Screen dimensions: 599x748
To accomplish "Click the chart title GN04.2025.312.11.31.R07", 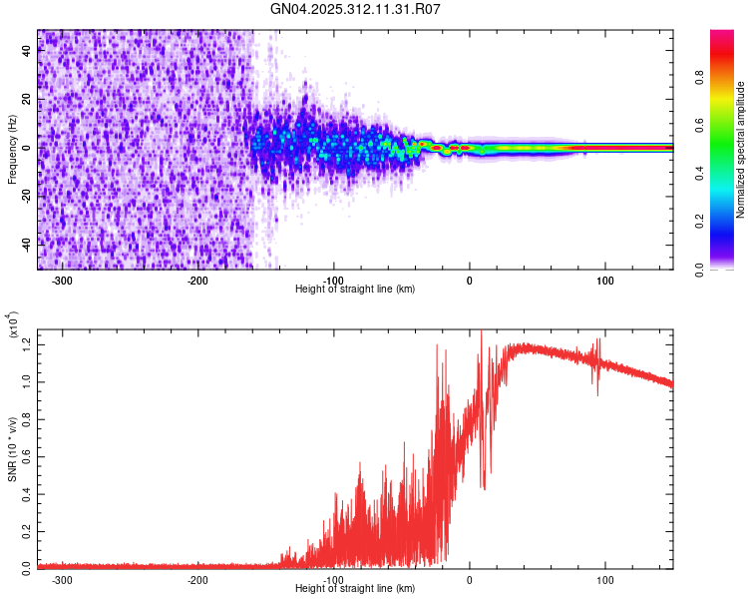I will click(356, 9).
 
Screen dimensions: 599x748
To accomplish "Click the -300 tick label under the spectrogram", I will click(62, 281).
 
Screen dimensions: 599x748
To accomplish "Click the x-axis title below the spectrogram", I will click(355, 290).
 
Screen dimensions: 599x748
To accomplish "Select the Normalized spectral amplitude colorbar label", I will click(741, 151).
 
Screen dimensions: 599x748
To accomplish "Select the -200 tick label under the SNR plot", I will click(197, 580).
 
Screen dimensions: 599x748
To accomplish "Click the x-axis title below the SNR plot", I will click(355, 589).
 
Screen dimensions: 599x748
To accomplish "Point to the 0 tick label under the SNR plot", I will click(470, 580).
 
